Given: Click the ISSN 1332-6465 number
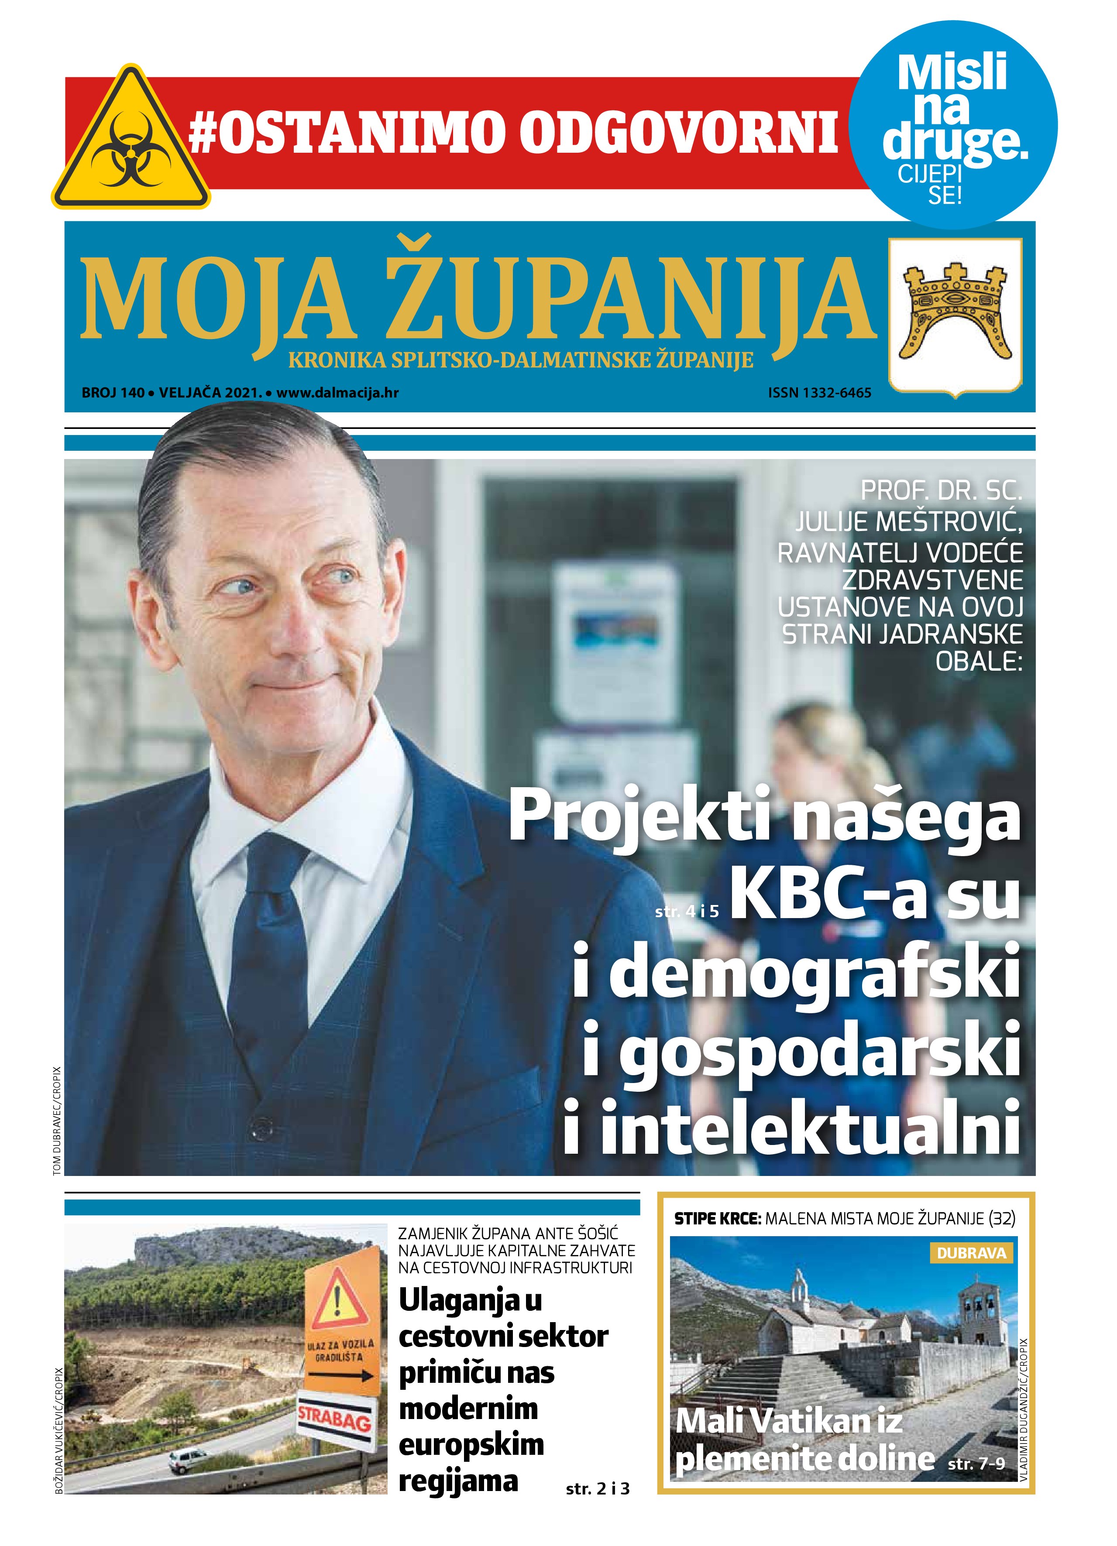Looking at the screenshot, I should tap(819, 393).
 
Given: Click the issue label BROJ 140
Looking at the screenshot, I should tap(113, 393).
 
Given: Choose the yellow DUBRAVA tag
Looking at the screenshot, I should tap(970, 1253).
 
